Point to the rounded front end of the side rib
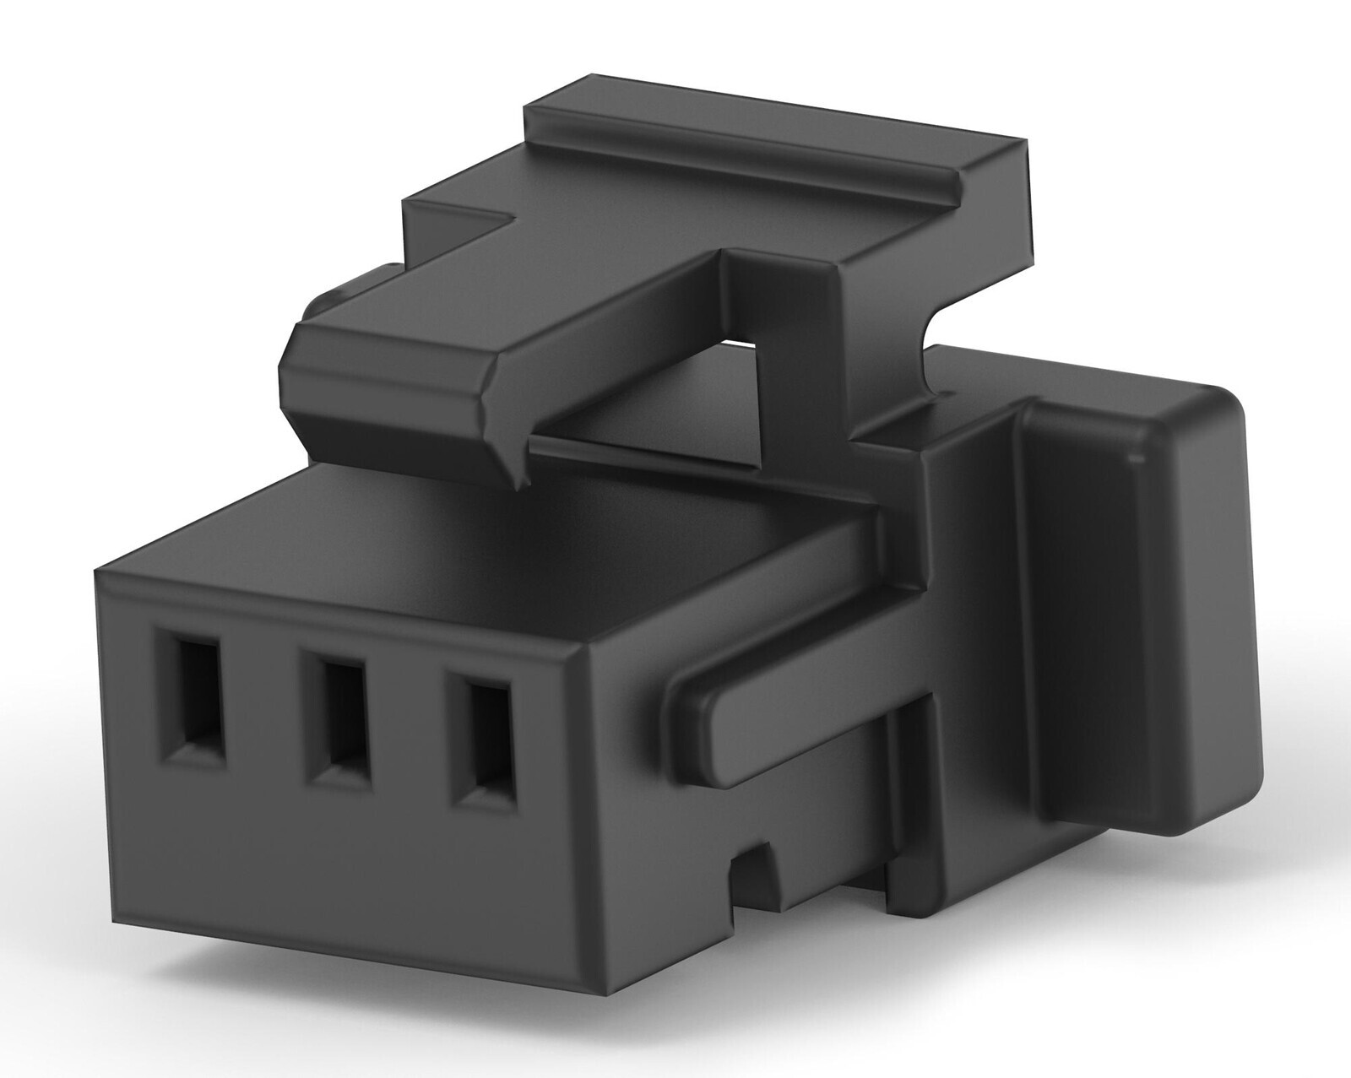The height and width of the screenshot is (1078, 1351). pyautogui.click(x=688, y=710)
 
